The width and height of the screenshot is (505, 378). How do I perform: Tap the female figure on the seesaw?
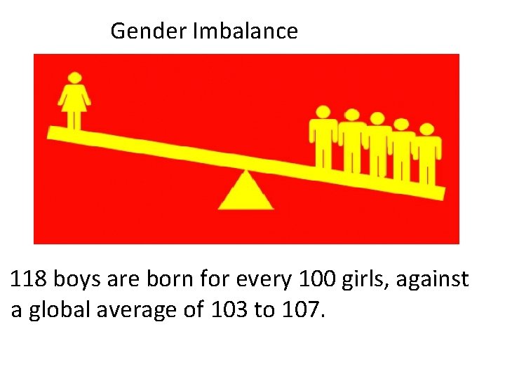(74, 102)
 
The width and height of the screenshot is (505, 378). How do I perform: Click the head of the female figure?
(74, 78)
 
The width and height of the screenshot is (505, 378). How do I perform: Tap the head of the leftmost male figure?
(323, 112)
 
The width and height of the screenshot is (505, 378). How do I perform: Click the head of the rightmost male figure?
(426, 129)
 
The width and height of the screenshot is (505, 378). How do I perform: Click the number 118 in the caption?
(28, 280)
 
